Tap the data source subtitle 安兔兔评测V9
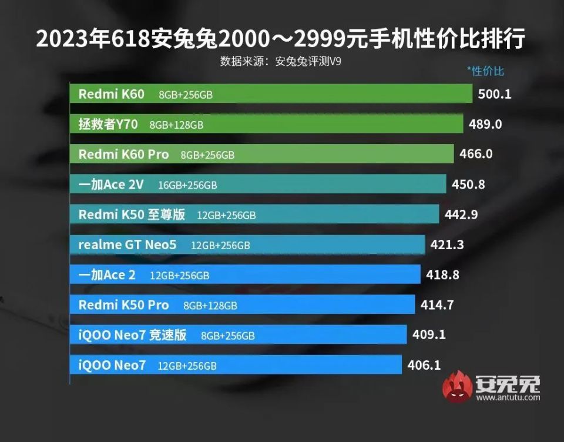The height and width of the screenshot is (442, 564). [x=281, y=61]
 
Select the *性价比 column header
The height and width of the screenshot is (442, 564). [x=485, y=71]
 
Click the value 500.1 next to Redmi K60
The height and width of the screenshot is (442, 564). [x=495, y=94]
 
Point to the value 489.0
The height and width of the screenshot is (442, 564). [x=485, y=124]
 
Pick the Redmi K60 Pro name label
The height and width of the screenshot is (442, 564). [x=123, y=155]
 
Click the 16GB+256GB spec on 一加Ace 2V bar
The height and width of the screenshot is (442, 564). [x=187, y=185]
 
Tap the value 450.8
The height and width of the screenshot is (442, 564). [x=468, y=185]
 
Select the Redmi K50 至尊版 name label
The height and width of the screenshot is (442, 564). [x=132, y=215]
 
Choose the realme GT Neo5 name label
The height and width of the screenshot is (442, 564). [x=127, y=245]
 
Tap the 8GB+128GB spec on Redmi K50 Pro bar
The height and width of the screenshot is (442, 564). [x=210, y=306]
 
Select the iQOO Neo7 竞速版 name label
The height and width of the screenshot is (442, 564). [x=132, y=335]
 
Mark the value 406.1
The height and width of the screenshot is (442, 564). [x=424, y=365]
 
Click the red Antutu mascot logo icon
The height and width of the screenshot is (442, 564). [x=458, y=387]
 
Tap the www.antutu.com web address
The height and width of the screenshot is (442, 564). [x=508, y=398]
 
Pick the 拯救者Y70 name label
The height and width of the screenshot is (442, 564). [x=108, y=124]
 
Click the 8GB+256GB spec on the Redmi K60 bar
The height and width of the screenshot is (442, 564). [x=185, y=95]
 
